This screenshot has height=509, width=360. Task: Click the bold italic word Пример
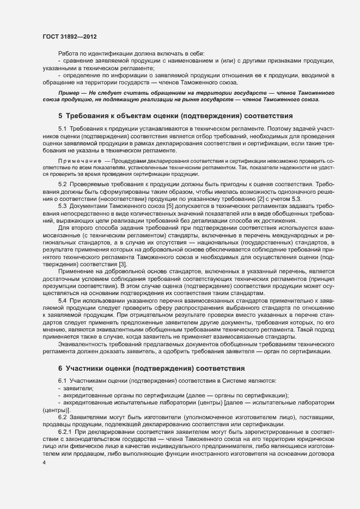(x=69, y=93)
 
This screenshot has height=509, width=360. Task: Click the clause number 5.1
(x=62, y=129)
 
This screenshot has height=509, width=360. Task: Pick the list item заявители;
(x=78, y=388)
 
